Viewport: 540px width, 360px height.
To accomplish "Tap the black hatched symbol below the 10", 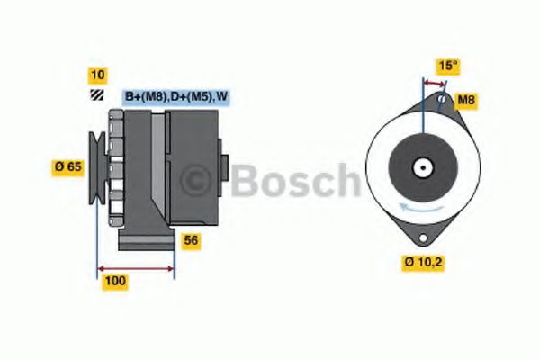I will coord(96,95).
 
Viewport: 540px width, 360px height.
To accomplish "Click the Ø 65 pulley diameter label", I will coord(69,166).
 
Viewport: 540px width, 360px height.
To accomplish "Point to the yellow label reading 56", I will coord(191,240).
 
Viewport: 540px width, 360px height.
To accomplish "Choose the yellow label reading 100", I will coord(115,281).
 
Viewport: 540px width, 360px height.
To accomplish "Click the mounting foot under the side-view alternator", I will coord(148,241).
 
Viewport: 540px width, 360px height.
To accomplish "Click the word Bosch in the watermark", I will coord(292,181).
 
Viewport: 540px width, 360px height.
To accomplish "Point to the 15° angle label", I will coord(447,66).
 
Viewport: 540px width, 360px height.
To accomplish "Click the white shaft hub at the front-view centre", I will coord(421,168).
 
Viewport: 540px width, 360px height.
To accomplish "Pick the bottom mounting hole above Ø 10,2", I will coord(421,237).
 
